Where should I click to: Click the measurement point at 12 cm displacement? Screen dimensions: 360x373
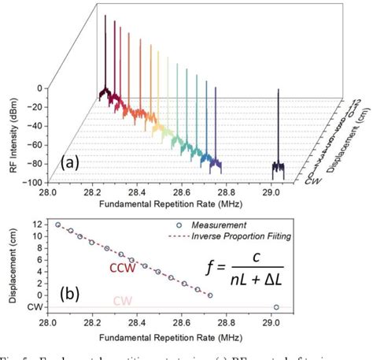(57, 225)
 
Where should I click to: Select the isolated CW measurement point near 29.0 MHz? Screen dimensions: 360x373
(275, 307)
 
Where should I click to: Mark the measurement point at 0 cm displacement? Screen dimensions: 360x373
(209, 295)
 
